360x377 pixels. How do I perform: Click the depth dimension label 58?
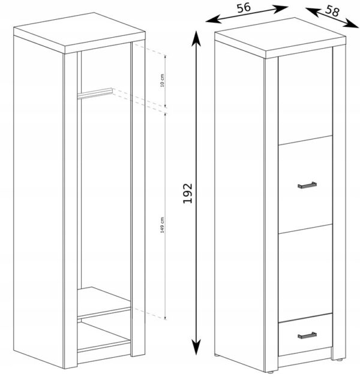point(332,11)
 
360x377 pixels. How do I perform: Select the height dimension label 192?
point(188,194)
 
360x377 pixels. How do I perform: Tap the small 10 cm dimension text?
point(162,80)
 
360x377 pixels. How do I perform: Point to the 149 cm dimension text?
point(162,225)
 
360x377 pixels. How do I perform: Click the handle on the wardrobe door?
point(307,185)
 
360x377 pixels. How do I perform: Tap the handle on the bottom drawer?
point(307,336)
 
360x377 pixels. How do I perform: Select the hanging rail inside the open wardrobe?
point(95,94)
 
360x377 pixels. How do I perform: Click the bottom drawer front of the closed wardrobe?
point(305,334)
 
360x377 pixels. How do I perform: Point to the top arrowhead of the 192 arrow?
point(196,38)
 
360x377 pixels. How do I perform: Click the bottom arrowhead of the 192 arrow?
point(196,347)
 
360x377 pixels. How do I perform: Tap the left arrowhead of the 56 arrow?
point(213,19)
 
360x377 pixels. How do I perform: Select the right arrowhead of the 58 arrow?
point(351,25)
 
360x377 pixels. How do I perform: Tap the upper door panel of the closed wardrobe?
point(305,96)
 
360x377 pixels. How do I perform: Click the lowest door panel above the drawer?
point(305,273)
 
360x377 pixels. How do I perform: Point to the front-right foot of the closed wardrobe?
point(339,360)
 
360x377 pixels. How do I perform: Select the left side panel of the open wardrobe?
point(38,201)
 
